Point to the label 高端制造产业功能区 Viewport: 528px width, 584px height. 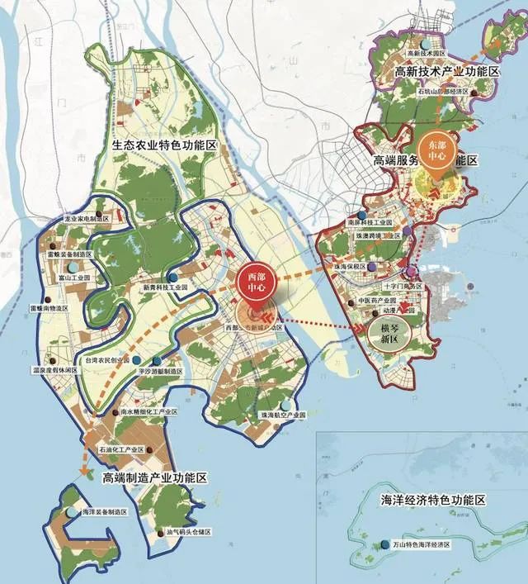(x=154, y=478)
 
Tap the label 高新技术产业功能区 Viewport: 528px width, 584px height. (x=448, y=73)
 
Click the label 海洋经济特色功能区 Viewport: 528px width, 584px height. (x=433, y=501)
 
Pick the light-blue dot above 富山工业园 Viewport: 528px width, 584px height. (x=73, y=268)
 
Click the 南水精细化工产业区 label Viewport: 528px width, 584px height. (x=148, y=411)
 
